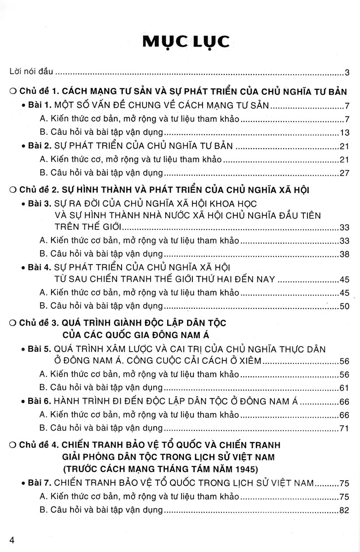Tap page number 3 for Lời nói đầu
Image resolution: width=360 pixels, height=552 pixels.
tap(348, 72)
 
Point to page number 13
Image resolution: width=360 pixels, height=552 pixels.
tap(345, 133)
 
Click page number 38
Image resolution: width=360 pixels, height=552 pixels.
tap(345, 253)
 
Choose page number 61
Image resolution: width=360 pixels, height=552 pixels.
tap(345, 387)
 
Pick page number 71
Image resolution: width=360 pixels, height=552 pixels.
tap(345, 428)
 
